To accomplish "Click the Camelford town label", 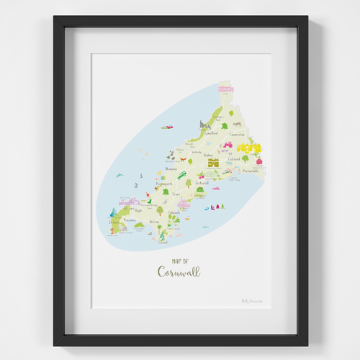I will tap(211, 133).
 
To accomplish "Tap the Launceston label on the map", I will tap(237, 134).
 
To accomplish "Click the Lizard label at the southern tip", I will tap(162, 242).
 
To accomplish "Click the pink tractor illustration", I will tap(227, 144).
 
